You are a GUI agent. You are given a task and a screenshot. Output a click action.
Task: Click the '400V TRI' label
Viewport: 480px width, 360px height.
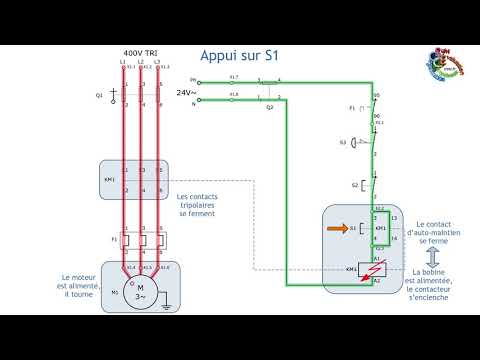[140, 52]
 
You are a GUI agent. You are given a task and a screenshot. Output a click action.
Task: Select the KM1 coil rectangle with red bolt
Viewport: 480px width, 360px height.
[376, 270]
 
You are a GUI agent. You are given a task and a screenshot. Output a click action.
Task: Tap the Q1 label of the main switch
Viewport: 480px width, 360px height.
[99, 95]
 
